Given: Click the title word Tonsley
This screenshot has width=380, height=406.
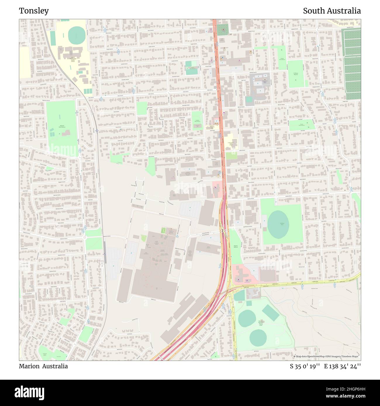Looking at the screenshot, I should click(x=34, y=11).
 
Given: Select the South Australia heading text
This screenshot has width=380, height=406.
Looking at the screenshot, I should click(x=332, y=11).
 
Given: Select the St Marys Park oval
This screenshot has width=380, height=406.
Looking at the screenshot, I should click(x=278, y=224).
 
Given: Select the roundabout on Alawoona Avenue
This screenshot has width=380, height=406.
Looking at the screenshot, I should click(x=85, y=238).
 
